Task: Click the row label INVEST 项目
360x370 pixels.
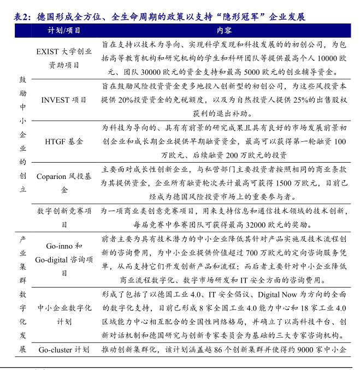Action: [x=64, y=100]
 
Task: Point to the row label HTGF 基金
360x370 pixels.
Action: [x=64, y=141]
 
